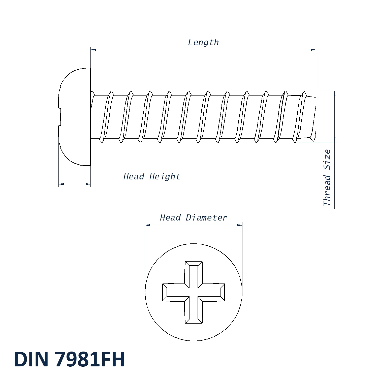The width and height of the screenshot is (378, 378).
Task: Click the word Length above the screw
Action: (x=203, y=42)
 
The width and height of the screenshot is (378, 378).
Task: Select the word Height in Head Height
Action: (x=165, y=177)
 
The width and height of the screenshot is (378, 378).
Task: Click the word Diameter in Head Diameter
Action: (x=206, y=218)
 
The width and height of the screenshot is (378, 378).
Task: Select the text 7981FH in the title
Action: (x=90, y=359)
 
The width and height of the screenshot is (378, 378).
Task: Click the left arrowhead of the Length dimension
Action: (x=93, y=50)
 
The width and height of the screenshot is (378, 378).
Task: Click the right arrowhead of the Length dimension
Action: (x=313, y=50)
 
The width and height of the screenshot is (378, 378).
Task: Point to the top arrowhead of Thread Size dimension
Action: (x=334, y=94)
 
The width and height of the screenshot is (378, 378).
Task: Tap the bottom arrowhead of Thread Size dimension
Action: (x=334, y=139)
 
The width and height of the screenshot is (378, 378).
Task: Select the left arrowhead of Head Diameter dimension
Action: (x=148, y=225)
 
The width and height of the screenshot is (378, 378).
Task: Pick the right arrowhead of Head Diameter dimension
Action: (x=239, y=225)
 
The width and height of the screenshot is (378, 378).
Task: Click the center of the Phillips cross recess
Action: (x=194, y=292)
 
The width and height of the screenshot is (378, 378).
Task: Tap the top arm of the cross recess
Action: (x=194, y=274)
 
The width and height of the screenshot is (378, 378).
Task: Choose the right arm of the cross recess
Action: (x=211, y=292)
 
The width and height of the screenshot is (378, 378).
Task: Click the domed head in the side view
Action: (x=75, y=117)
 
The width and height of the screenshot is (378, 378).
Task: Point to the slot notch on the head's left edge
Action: (x=60, y=117)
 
